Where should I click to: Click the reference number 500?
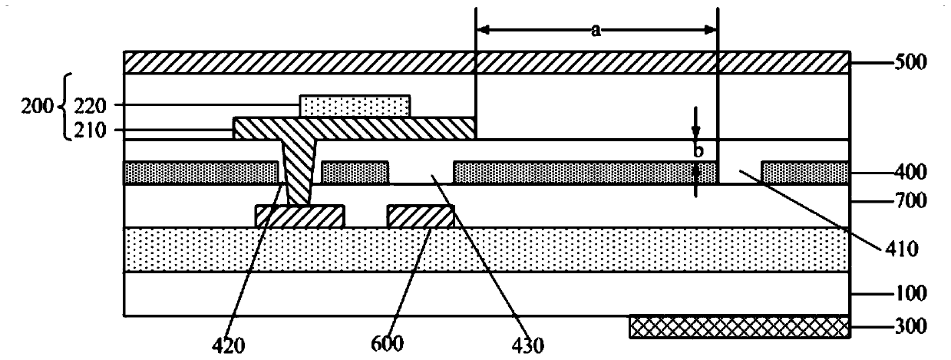[910, 63]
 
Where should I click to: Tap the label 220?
[90, 105]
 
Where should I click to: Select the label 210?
[90, 130]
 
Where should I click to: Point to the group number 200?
[38, 106]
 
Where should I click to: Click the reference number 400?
[910, 173]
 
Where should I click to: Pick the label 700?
[910, 200]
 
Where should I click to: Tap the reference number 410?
[902, 249]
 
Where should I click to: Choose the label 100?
[910, 293]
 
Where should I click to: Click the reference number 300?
[910, 326]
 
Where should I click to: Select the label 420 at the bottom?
[229, 346]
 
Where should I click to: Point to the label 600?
[387, 344]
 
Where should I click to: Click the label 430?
[528, 346]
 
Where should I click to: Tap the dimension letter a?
[596, 30]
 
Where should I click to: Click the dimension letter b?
[698, 150]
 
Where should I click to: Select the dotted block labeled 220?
[355, 106]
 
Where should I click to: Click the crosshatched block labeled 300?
[740, 327]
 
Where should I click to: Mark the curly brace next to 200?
[66, 106]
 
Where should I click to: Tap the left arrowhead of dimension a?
[483, 30]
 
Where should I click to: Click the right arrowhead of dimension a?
[710, 30]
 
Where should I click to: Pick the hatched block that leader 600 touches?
[421, 216]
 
